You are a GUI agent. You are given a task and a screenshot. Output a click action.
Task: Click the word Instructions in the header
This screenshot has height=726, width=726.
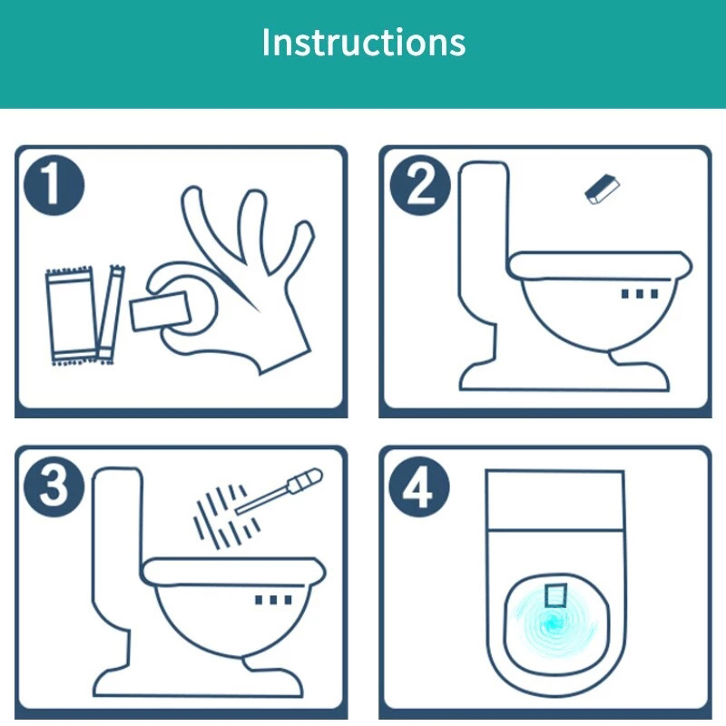pyautogui.click(x=364, y=42)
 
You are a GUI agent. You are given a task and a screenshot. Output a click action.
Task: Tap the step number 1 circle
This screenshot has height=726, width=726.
pyautogui.click(x=54, y=185)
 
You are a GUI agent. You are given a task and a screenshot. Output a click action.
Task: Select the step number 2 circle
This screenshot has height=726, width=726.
pyautogui.click(x=420, y=185)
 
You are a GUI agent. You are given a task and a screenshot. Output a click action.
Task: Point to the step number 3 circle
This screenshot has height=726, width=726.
pyautogui.click(x=54, y=486)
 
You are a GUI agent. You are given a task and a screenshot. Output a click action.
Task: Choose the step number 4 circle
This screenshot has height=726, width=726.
pyautogui.click(x=419, y=486)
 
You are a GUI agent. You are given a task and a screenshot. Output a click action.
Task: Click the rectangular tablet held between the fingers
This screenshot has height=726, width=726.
pyautogui.click(x=161, y=310)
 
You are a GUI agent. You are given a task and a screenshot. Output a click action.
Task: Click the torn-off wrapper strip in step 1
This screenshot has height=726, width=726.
pyautogui.click(x=111, y=314)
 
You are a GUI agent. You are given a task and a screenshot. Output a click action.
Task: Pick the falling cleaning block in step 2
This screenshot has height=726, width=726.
pyautogui.click(x=602, y=189)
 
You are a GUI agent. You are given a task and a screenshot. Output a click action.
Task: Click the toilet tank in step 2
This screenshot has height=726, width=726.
pyautogui.click(x=484, y=240)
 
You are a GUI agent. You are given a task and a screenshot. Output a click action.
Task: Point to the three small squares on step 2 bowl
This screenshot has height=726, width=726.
pyautogui.click(x=640, y=293)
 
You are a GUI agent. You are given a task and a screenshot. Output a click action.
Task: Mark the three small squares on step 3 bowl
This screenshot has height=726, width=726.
pyautogui.click(x=274, y=600)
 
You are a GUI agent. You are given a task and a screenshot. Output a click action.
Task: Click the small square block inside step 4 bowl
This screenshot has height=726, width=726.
pyautogui.click(x=555, y=595)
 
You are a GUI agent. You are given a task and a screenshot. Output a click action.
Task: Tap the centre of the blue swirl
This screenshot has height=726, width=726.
pyautogui.click(x=553, y=623)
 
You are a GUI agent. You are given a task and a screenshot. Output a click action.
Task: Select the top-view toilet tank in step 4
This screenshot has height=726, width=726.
pyautogui.click(x=555, y=500)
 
